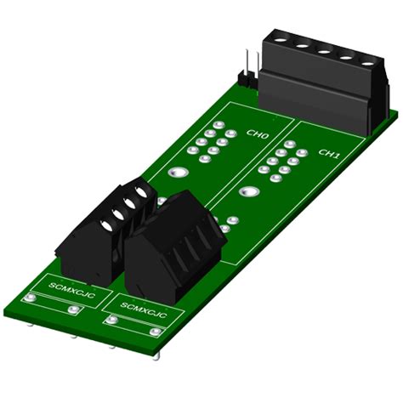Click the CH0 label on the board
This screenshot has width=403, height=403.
pos(258,135)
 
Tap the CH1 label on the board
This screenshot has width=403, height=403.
pos(329,154)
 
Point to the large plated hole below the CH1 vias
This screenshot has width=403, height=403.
pos(249,192)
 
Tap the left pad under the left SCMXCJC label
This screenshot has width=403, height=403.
pos(32,298)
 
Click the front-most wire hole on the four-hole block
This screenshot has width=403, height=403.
pos(105,226)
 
